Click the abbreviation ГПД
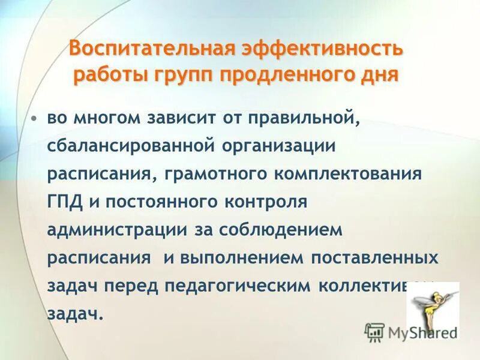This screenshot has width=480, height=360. (66, 202)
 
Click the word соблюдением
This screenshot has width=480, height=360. (281, 230)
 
